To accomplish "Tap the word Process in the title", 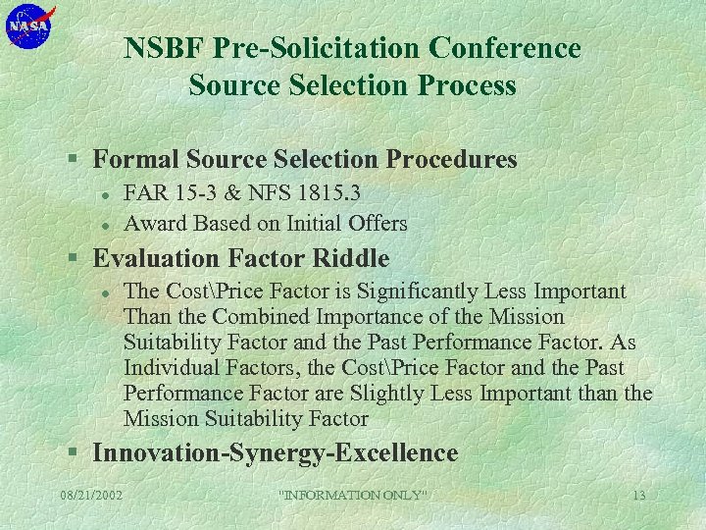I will pyautogui.click(x=469, y=85).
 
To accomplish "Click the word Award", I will pyautogui.click(x=155, y=223).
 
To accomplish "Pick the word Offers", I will pyautogui.click(x=376, y=223).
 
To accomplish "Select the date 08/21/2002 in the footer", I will pyautogui.click(x=91, y=495).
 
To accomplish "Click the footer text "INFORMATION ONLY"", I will pyautogui.click(x=354, y=495).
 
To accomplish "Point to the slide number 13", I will pyautogui.click(x=638, y=495).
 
